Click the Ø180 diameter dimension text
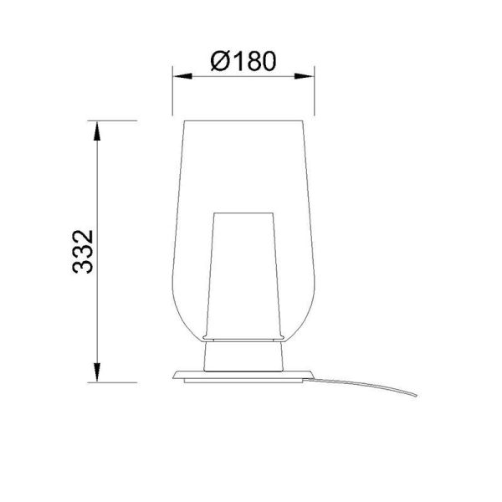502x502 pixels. [243, 61]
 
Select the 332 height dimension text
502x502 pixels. [82, 252]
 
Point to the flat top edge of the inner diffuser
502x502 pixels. [243, 212]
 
